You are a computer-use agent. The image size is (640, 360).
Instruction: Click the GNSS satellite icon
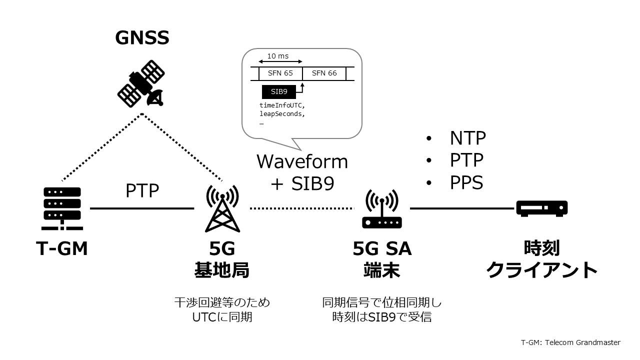(141, 84)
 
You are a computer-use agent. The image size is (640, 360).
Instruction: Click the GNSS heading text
(142, 37)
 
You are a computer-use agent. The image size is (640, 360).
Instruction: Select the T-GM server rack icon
(62, 208)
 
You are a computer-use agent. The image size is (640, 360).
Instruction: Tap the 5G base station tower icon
(219, 208)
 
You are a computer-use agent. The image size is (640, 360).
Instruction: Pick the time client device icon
(541, 208)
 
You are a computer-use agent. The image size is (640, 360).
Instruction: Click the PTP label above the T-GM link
(141, 190)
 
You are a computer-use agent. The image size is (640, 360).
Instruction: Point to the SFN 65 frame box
(280, 73)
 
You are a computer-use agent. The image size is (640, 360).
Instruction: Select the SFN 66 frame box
(324, 73)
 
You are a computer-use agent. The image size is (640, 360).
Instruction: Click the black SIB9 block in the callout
(278, 92)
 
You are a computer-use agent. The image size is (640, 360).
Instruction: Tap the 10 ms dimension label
(278, 56)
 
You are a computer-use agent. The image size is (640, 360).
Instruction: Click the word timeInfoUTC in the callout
(281, 105)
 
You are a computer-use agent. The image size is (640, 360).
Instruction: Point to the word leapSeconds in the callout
(281, 113)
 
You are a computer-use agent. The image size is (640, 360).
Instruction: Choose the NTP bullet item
(467, 137)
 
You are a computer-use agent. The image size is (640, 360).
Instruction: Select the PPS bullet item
(466, 182)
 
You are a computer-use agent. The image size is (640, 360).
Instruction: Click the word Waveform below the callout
(302, 161)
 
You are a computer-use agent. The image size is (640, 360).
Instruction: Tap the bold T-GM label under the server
(62, 248)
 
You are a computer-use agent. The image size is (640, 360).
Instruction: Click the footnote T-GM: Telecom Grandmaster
(570, 342)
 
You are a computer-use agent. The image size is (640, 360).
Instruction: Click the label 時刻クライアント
(542, 259)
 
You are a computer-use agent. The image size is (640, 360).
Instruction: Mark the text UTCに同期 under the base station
(222, 316)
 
